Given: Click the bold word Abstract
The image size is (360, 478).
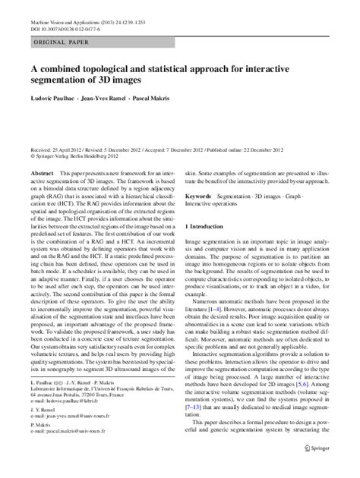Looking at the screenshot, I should [41, 173].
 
